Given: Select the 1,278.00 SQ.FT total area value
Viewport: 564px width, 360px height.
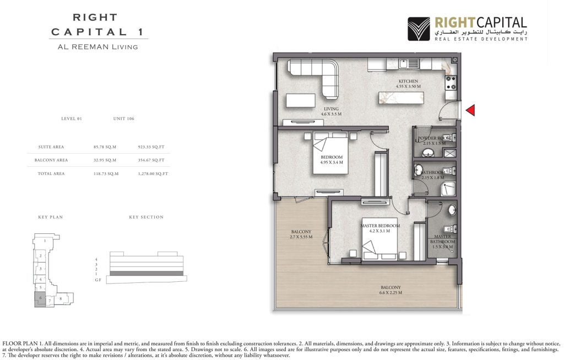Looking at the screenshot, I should [x=153, y=173].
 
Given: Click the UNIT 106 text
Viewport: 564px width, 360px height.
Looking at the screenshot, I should [x=124, y=118].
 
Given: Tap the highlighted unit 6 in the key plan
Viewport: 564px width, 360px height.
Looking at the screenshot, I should [x=41, y=298].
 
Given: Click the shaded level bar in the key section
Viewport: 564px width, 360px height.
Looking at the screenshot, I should [x=147, y=273].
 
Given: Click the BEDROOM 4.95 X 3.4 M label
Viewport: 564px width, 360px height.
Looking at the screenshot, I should [x=332, y=160].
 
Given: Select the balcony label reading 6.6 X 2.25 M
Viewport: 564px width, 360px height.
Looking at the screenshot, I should [x=389, y=290].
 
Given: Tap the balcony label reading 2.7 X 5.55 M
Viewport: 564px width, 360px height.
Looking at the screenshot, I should [x=301, y=234].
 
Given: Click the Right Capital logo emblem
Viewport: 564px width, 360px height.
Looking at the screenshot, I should [x=419, y=29].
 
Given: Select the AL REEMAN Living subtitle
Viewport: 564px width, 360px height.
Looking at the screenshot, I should [x=97, y=47].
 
